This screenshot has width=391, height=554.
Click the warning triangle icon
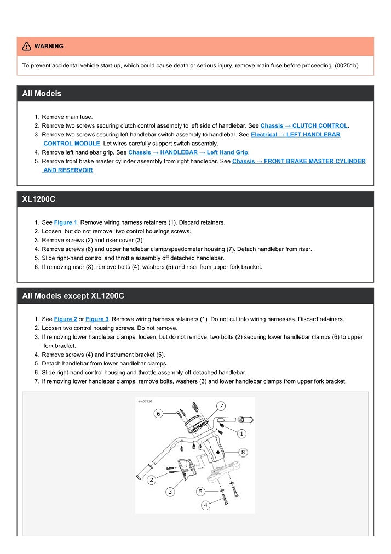coord(26,47)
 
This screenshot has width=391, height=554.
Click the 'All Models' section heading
coord(42,94)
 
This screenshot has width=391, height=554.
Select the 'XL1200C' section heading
coord(38,199)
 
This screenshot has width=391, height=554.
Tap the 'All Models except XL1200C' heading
coord(73,296)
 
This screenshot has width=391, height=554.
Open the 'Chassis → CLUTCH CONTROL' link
coord(304,125)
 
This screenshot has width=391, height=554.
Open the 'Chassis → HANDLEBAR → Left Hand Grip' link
coord(188,152)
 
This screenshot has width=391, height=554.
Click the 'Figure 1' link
coord(65,222)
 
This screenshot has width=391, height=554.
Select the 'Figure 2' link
coord(65,319)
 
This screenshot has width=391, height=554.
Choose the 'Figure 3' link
coord(97,319)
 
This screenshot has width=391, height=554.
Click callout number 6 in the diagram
coord(158,413)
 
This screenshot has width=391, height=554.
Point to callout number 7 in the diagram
coord(221,406)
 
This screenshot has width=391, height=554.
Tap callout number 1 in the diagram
coord(242,433)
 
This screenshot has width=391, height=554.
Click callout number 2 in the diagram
coord(151,480)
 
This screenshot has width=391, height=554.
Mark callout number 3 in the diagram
coord(170,492)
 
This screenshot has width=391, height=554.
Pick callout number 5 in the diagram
coord(201,491)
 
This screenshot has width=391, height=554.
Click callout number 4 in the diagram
coord(205,505)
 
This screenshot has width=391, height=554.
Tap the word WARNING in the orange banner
coord(49,47)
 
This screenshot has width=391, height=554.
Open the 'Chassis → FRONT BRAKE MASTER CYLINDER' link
coord(298,161)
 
